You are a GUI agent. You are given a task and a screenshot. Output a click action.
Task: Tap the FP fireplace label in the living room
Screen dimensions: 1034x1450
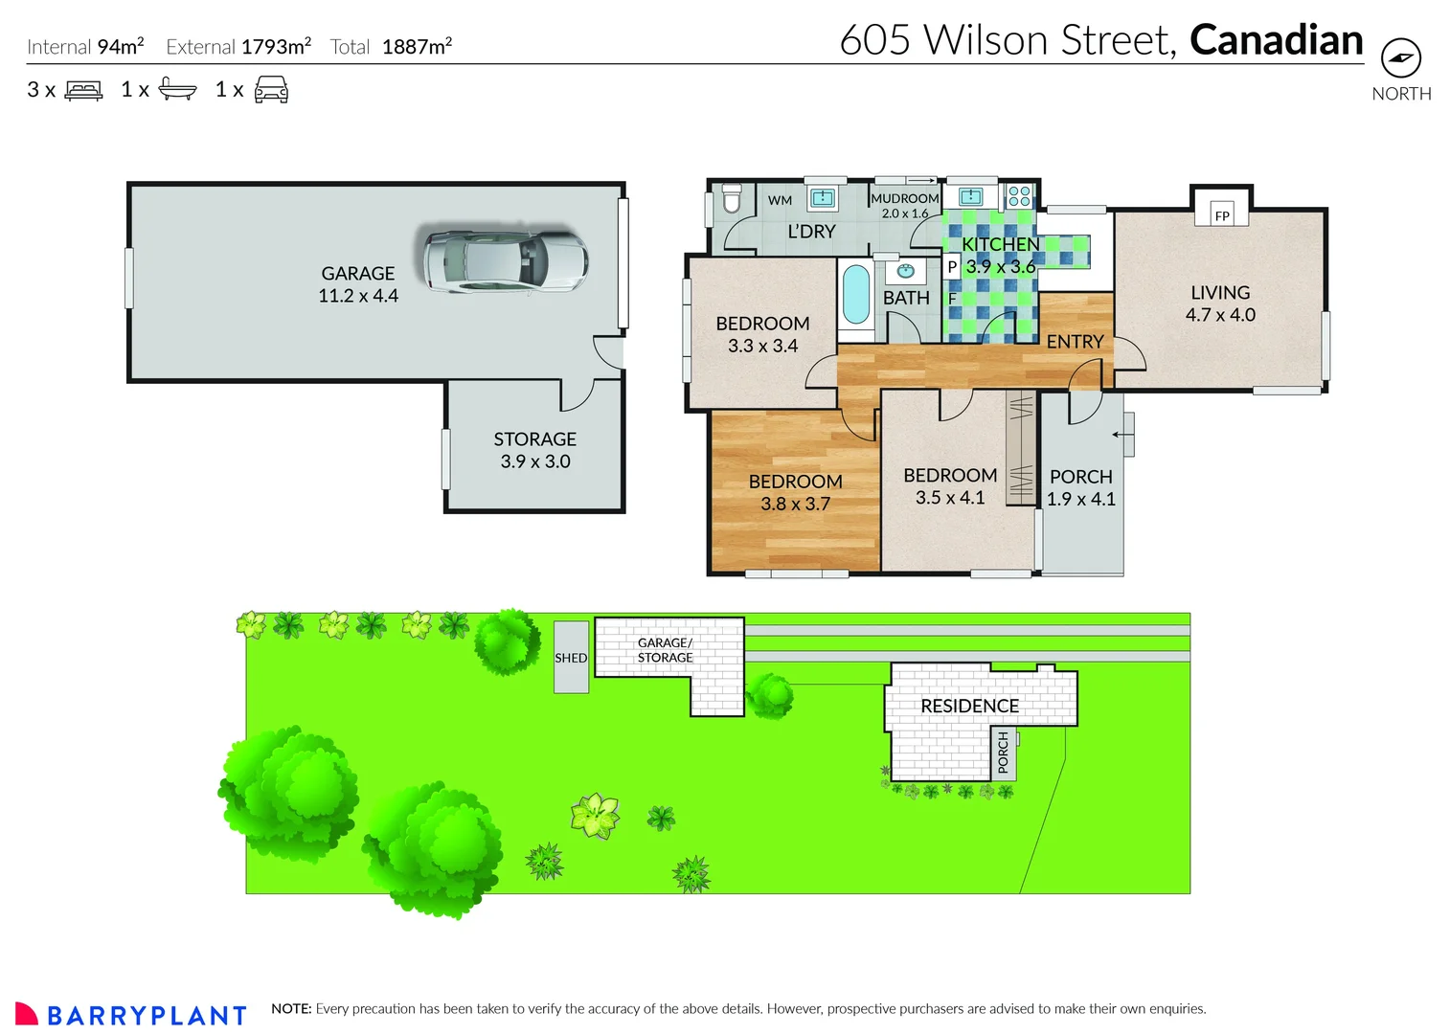1221,215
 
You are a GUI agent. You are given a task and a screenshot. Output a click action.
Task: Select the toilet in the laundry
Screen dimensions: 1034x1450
732,199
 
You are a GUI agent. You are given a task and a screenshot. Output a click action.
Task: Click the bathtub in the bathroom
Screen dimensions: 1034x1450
855,295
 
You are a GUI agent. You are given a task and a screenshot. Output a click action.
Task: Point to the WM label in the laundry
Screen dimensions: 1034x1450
780,200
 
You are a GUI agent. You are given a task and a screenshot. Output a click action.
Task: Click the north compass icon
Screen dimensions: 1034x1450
1400,58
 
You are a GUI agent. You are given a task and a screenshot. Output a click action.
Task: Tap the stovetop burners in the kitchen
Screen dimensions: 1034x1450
1019,196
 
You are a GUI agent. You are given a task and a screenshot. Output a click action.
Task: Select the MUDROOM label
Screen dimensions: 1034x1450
904,198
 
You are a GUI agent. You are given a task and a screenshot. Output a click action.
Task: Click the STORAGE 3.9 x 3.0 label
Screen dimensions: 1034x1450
534,450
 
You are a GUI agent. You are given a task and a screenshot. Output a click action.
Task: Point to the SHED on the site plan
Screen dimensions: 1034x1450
571,658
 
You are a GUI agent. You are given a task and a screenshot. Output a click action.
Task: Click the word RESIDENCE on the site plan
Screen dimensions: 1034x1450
969,706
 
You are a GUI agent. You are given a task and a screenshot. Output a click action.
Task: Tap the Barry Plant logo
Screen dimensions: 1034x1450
131,1014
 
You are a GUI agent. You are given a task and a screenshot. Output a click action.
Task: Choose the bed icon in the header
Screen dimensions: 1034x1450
83,90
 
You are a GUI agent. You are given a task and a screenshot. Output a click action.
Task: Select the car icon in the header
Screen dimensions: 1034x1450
271,90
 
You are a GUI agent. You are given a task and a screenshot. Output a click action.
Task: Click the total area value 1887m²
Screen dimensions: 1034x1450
417,47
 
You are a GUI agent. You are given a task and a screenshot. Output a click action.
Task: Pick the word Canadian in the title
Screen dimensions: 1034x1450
1276,40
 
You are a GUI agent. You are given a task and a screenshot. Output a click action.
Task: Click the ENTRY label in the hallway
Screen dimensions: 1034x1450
1075,342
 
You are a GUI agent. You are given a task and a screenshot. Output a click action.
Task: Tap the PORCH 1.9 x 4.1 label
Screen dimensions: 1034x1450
1080,487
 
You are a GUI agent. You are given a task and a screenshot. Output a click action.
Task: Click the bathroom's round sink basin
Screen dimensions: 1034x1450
905,271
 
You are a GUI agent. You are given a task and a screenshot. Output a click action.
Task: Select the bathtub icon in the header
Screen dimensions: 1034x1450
177,90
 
